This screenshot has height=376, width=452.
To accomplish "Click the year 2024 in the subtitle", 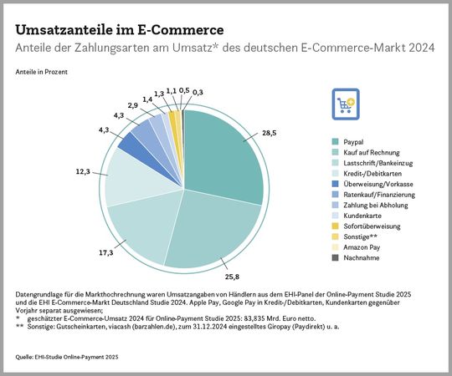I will pos(418,48).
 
